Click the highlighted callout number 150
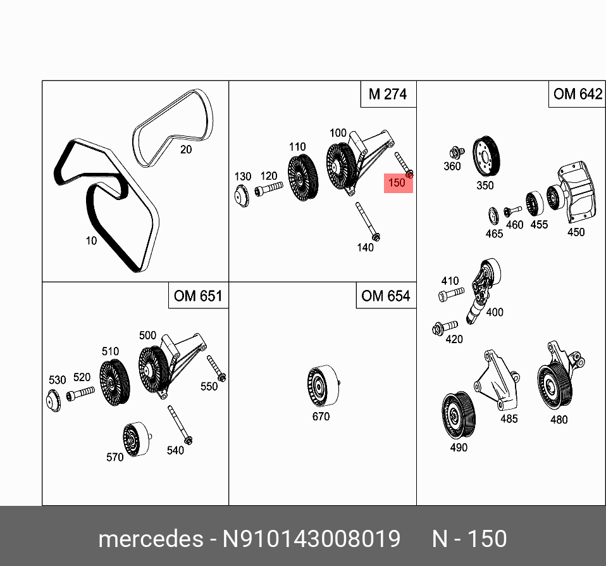(x=397, y=183)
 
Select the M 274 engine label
(x=387, y=94)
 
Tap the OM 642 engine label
(x=577, y=94)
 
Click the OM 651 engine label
(x=198, y=296)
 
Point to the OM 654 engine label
(x=385, y=296)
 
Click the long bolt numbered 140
(x=368, y=222)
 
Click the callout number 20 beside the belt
(x=185, y=149)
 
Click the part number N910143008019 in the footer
(x=311, y=539)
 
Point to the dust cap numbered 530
(x=54, y=401)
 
